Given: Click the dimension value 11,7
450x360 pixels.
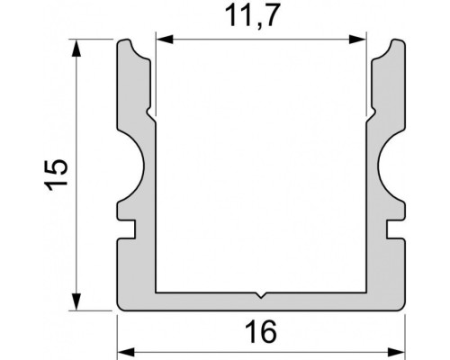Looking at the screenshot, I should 261,16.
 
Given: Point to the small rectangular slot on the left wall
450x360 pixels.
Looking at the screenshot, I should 128,230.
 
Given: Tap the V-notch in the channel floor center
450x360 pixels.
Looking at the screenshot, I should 261,294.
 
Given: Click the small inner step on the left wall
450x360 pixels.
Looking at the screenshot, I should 154,115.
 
